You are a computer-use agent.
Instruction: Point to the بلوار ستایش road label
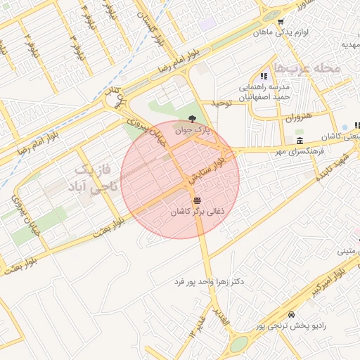[207, 172]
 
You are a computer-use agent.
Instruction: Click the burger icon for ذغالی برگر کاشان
[197, 201]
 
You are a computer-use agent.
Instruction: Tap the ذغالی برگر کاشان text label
[198, 211]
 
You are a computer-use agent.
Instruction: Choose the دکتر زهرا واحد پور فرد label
[209, 282]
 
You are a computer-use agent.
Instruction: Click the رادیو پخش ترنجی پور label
[291, 325]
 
